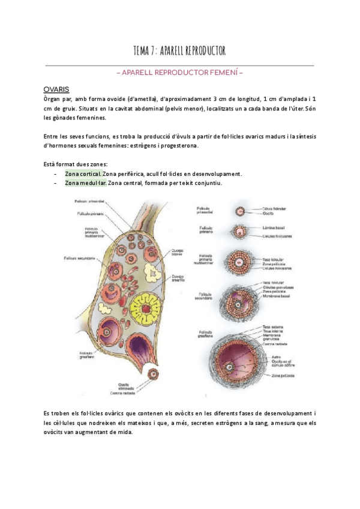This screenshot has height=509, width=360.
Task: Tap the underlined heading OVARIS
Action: click(x=56, y=88)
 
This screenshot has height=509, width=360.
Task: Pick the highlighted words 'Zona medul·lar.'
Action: click(x=85, y=183)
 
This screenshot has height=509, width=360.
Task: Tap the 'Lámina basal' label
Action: click(x=273, y=229)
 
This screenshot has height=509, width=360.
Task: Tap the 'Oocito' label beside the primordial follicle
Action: click(x=269, y=214)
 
